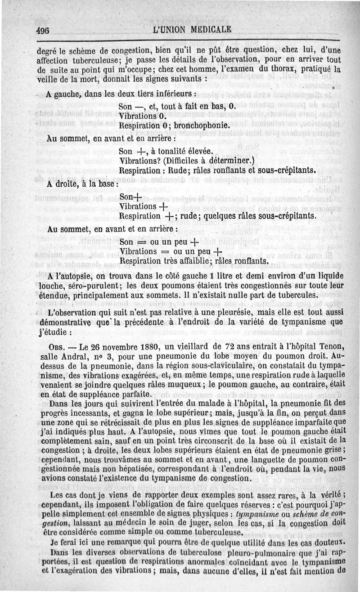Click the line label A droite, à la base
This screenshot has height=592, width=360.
[x=83, y=184]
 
